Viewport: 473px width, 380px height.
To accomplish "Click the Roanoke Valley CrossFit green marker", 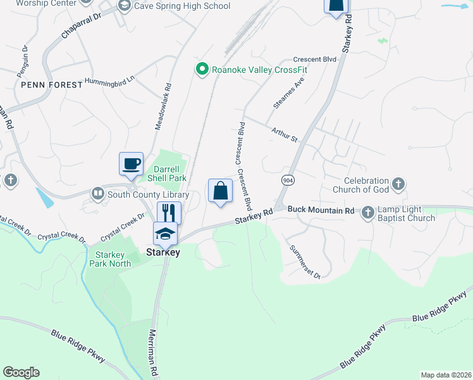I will [x=202, y=69].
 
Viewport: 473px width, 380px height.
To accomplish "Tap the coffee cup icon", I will [x=131, y=163].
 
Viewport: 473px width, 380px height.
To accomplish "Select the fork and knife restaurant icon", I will [x=169, y=212].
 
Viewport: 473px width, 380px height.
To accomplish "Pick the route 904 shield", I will [x=288, y=180].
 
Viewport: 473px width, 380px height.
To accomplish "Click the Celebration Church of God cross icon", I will [x=398, y=184].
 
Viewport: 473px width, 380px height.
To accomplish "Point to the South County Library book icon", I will [x=97, y=193].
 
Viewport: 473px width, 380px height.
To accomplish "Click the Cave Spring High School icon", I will [x=124, y=6].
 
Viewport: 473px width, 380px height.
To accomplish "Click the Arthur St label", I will [x=284, y=134].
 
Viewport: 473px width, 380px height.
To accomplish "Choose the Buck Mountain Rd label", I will [x=322, y=210].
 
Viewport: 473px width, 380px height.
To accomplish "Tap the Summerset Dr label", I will [x=305, y=261].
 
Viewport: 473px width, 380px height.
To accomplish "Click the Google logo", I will [x=21, y=372].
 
